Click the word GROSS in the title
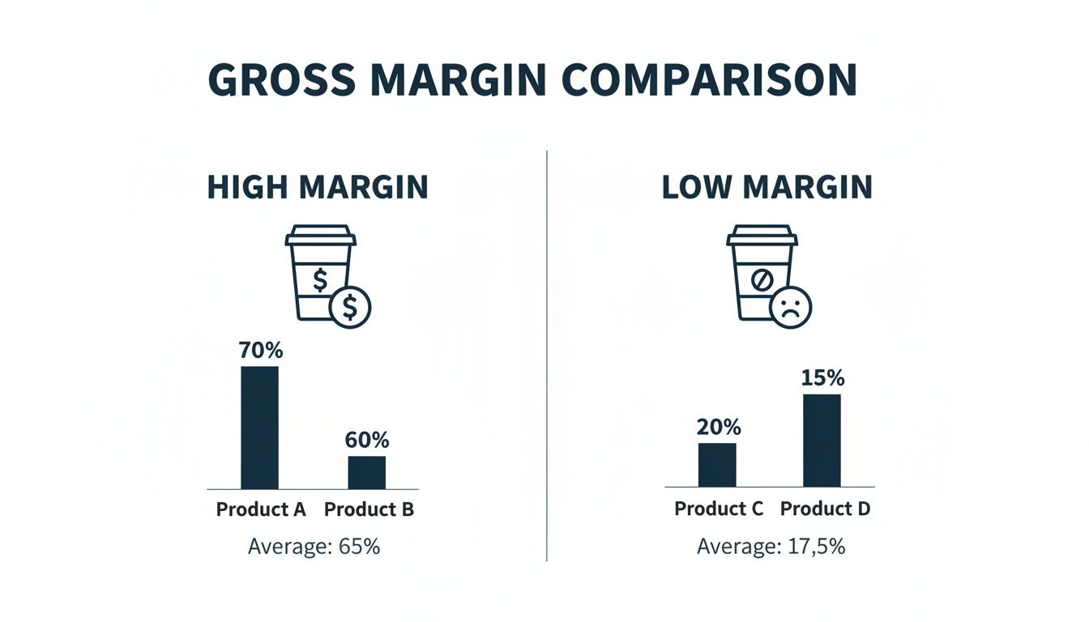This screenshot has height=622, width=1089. (280, 79)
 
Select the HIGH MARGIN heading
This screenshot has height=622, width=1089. (318, 187)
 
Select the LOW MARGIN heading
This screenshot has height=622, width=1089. (767, 187)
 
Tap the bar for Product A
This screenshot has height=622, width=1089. (259, 428)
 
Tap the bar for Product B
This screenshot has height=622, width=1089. (367, 472)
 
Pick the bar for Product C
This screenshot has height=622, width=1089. (717, 465)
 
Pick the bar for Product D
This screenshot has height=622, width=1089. (822, 441)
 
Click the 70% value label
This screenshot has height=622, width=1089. (260, 351)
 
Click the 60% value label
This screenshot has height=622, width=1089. (367, 440)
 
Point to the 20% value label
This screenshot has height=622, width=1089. (719, 427)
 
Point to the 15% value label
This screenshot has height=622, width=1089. (822, 377)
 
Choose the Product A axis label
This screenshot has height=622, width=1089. (261, 509)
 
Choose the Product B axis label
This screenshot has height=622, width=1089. (369, 509)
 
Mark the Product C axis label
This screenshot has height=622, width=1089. (719, 509)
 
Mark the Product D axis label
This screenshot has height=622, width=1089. (825, 509)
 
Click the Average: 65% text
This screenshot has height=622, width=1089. (314, 546)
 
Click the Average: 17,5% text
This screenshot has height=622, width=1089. (771, 546)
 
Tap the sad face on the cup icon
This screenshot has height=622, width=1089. (792, 307)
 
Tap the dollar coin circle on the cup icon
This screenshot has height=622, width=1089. (350, 307)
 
